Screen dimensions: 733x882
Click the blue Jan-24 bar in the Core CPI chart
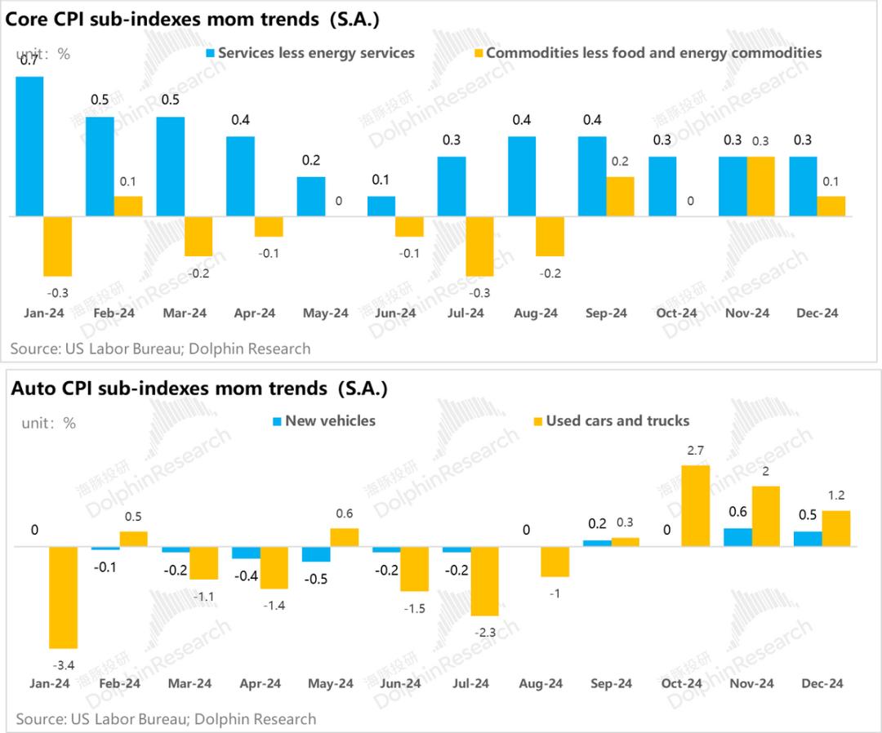pos(30,147)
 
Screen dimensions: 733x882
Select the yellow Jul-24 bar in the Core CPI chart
pos(480,246)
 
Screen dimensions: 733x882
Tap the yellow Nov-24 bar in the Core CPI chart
pos(761,186)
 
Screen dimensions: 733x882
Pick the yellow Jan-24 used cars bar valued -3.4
pos(64,597)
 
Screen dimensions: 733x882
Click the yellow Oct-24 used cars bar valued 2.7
pos(696,505)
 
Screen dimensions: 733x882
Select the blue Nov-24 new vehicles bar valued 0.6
pos(738,537)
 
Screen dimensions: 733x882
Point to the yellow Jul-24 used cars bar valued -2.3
pos(485,580)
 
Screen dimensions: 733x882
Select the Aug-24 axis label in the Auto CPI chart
pos(540,683)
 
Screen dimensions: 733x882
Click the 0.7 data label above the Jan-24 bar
pos(28,60)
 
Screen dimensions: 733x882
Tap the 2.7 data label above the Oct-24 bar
pos(696,449)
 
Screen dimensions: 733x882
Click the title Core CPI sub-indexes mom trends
pos(193,19)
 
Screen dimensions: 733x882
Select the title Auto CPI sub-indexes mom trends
pos(198,389)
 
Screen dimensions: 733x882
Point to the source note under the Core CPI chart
pos(160,349)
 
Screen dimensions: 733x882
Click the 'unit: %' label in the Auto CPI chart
pos(48,423)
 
